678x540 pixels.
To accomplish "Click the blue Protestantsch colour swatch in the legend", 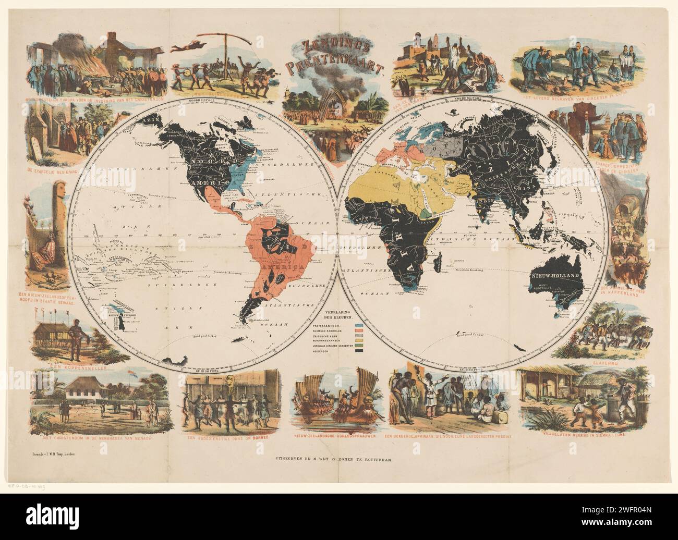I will tap(358, 324).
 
